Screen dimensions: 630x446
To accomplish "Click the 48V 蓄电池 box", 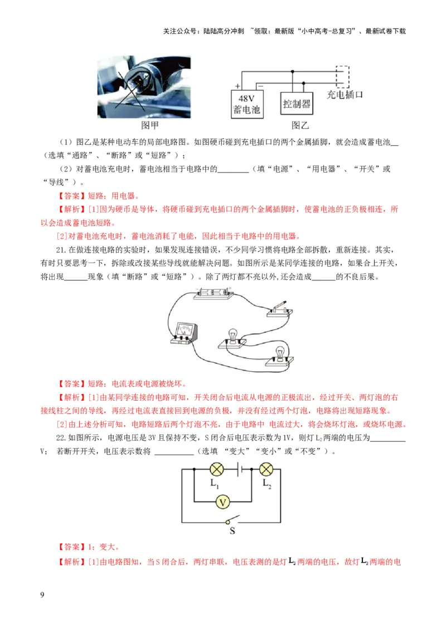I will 246,104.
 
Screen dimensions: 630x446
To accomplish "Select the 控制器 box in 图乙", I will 297,104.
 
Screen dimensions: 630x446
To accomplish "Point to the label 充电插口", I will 345,95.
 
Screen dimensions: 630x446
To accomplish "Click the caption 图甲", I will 150,125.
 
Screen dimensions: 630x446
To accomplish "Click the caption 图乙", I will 299,125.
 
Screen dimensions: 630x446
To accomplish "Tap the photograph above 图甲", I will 144,87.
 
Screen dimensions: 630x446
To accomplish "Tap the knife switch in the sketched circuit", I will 278,309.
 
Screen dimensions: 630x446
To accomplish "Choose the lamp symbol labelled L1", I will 216,469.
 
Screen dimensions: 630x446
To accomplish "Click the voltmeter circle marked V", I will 223,501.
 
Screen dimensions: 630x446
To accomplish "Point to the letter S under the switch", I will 232,531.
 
